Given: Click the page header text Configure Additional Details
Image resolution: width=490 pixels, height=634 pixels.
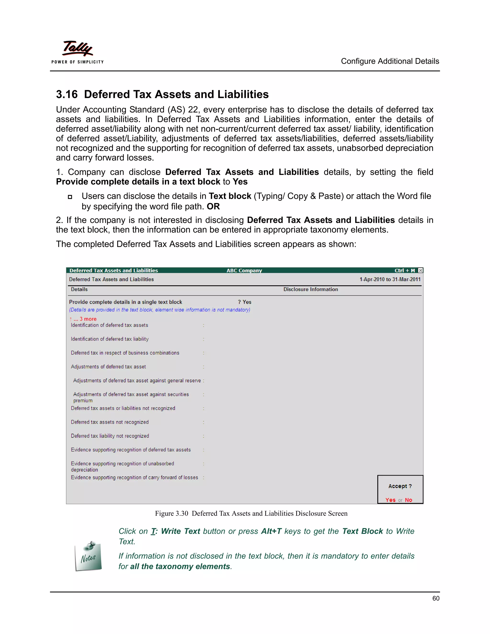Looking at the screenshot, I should tap(390, 61).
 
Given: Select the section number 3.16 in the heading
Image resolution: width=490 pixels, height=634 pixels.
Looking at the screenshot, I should tap(67, 94).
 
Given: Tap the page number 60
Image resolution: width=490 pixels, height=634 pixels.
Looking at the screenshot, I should tap(435, 598).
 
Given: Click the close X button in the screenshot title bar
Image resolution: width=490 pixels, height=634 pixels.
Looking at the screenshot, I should tap(420, 270).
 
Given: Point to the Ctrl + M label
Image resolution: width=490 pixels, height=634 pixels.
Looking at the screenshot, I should tap(404, 270).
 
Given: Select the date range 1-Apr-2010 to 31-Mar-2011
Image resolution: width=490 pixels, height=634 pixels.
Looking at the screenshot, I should tap(390, 279).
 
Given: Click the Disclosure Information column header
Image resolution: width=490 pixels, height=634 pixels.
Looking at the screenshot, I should tap(310, 289).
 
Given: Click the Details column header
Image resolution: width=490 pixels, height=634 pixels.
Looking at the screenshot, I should tap(79, 289).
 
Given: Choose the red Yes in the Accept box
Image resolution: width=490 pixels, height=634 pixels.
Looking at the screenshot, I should tap(390, 500).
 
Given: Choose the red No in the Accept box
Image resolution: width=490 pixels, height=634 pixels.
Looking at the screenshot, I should tap(408, 500).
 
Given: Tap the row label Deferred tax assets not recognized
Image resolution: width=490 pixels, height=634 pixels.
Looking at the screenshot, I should tap(110, 422).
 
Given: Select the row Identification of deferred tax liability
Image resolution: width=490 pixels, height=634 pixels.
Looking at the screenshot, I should tap(110, 339).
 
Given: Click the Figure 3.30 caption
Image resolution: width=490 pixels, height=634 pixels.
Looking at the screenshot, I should tap(251, 513).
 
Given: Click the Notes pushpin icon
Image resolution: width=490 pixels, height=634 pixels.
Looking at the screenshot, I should tap(88, 556).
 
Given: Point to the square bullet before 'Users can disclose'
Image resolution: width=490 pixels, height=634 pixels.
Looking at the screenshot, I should tap(70, 197).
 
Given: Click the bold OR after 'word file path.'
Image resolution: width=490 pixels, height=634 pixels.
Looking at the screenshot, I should tap(213, 206).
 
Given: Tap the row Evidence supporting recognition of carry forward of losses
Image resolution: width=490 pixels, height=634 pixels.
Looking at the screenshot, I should tap(134, 478).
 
